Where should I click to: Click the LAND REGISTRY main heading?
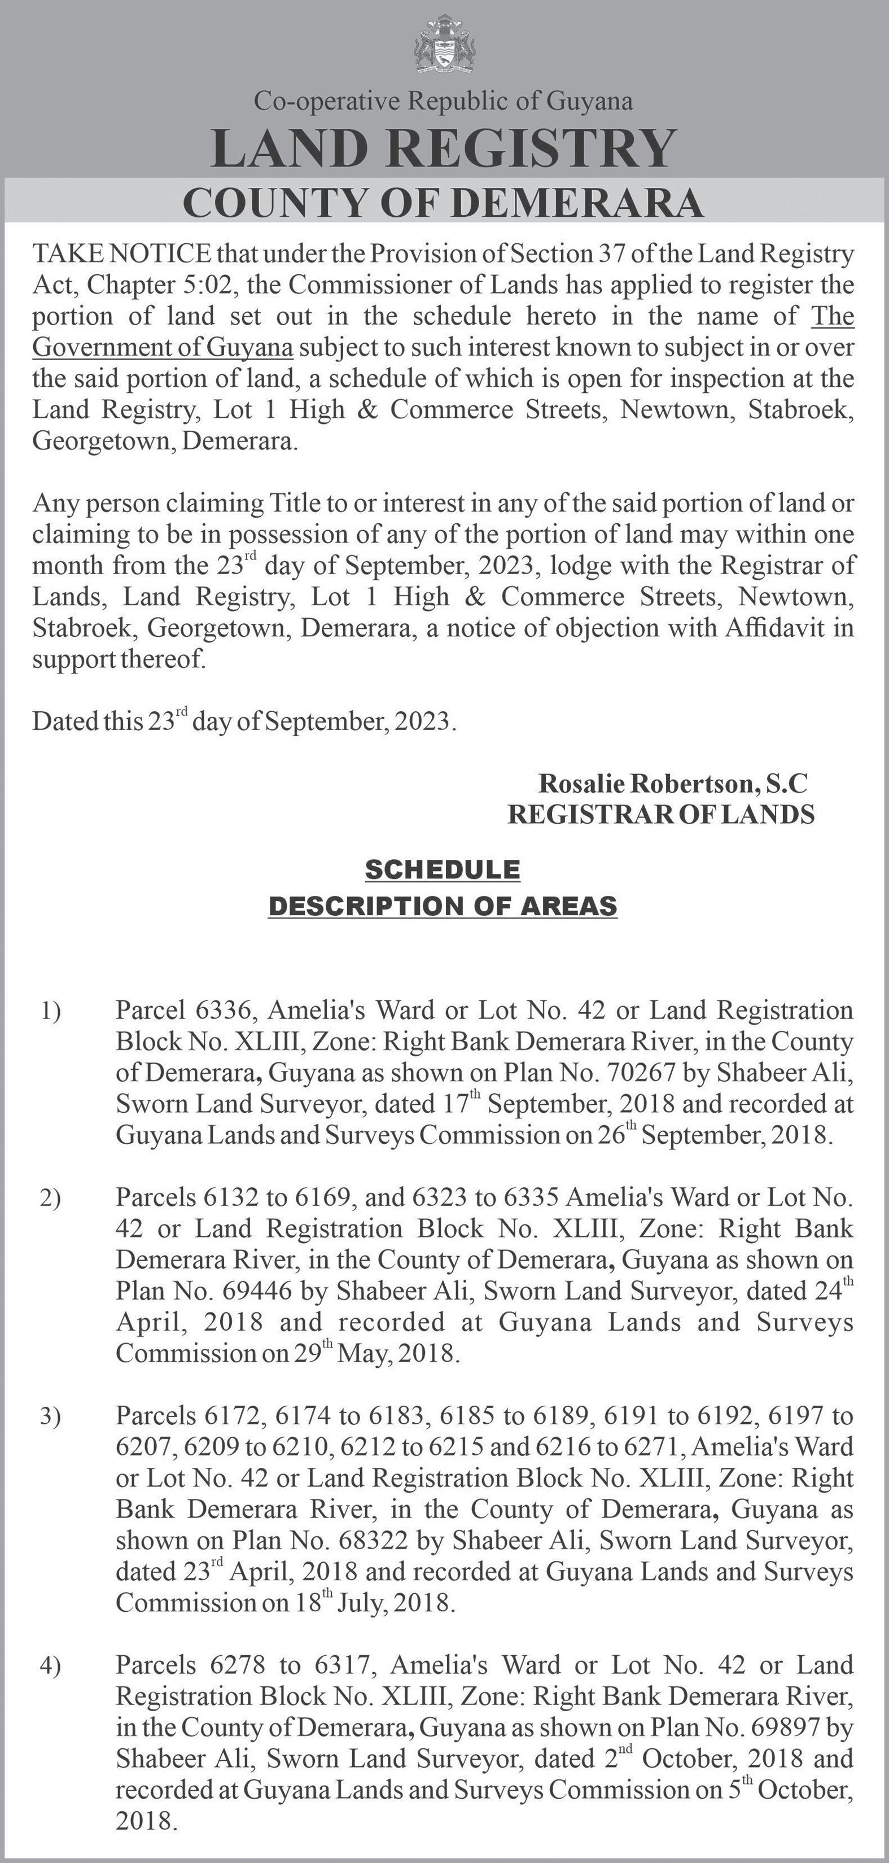(444, 148)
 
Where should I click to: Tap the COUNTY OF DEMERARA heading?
(444, 203)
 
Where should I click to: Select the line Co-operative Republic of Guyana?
(444, 101)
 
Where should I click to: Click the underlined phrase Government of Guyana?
(163, 348)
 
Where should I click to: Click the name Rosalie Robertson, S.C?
(672, 783)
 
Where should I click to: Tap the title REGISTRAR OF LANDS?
(661, 814)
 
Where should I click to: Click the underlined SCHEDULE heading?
(443, 869)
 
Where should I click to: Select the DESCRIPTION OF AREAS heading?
(443, 906)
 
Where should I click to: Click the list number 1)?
(51, 1011)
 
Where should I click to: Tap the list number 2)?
(51, 1199)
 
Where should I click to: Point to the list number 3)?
(51, 1417)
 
